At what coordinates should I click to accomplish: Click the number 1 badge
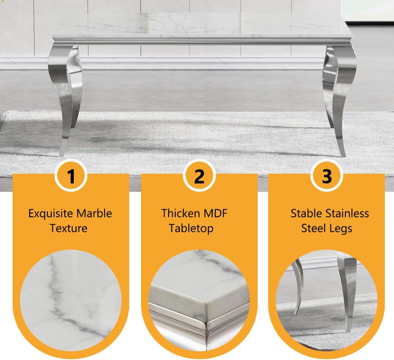click(x=71, y=176)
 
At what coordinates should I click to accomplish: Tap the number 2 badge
click(x=199, y=176)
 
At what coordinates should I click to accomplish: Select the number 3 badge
click(x=327, y=176)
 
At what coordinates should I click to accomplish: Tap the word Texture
click(x=69, y=228)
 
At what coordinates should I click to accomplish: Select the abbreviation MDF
click(x=216, y=213)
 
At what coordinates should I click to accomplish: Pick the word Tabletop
click(x=191, y=229)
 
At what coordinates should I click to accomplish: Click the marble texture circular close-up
click(x=71, y=301)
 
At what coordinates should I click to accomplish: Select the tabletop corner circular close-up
click(x=199, y=301)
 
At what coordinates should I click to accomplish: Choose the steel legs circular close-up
click(x=327, y=301)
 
